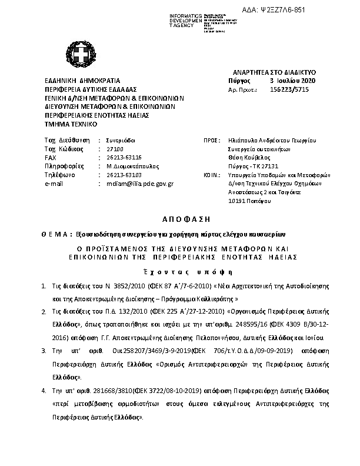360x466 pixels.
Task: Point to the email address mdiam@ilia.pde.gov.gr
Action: click(x=140, y=184)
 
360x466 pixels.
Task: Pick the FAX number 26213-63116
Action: click(x=125, y=158)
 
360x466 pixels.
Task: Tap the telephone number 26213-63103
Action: click(x=125, y=175)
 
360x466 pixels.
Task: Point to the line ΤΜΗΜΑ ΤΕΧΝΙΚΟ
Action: click(x=71, y=124)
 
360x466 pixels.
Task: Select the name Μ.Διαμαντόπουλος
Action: click(x=133, y=167)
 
